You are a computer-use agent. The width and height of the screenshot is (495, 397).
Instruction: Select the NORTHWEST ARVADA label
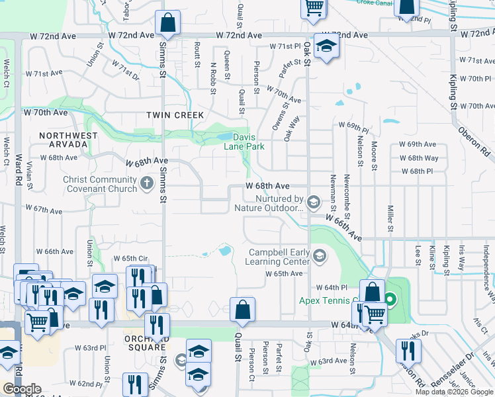coord(67,140)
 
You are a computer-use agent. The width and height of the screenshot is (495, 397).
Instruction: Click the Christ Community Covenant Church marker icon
coord(146,185)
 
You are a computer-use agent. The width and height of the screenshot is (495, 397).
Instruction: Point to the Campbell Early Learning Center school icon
coord(320,255)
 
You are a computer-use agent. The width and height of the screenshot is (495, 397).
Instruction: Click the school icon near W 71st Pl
coord(327,47)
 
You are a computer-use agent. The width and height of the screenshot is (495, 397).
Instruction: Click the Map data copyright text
coord(454,392)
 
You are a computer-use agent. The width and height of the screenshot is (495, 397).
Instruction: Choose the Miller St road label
coord(390,218)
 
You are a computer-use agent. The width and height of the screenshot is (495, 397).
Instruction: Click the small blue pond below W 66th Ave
coord(224,251)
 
